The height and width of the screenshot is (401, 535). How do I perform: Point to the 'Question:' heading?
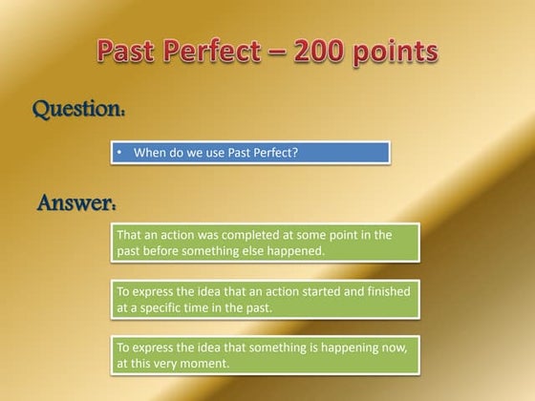[x=79, y=110]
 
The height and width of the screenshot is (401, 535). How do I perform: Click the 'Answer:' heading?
[x=77, y=203]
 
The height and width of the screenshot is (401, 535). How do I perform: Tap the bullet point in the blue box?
[x=119, y=152]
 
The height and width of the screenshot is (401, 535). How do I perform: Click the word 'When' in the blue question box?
[x=151, y=152]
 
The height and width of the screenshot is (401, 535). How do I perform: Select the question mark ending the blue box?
[x=296, y=152]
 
